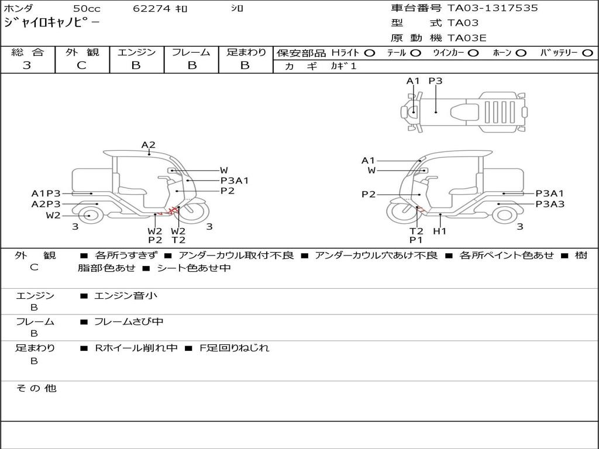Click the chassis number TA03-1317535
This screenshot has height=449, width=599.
(x=493, y=8)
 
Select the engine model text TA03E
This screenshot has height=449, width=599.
(x=467, y=38)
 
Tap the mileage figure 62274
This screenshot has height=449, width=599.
(x=152, y=8)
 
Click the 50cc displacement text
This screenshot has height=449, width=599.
(x=87, y=8)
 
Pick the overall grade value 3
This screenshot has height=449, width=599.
(x=27, y=65)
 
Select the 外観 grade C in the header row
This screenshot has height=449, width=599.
(x=81, y=65)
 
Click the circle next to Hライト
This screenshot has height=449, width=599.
(x=370, y=53)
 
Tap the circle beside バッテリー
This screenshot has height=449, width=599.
(x=587, y=53)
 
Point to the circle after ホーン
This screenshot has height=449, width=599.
(x=521, y=53)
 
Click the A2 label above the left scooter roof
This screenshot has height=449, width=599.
(x=148, y=145)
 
